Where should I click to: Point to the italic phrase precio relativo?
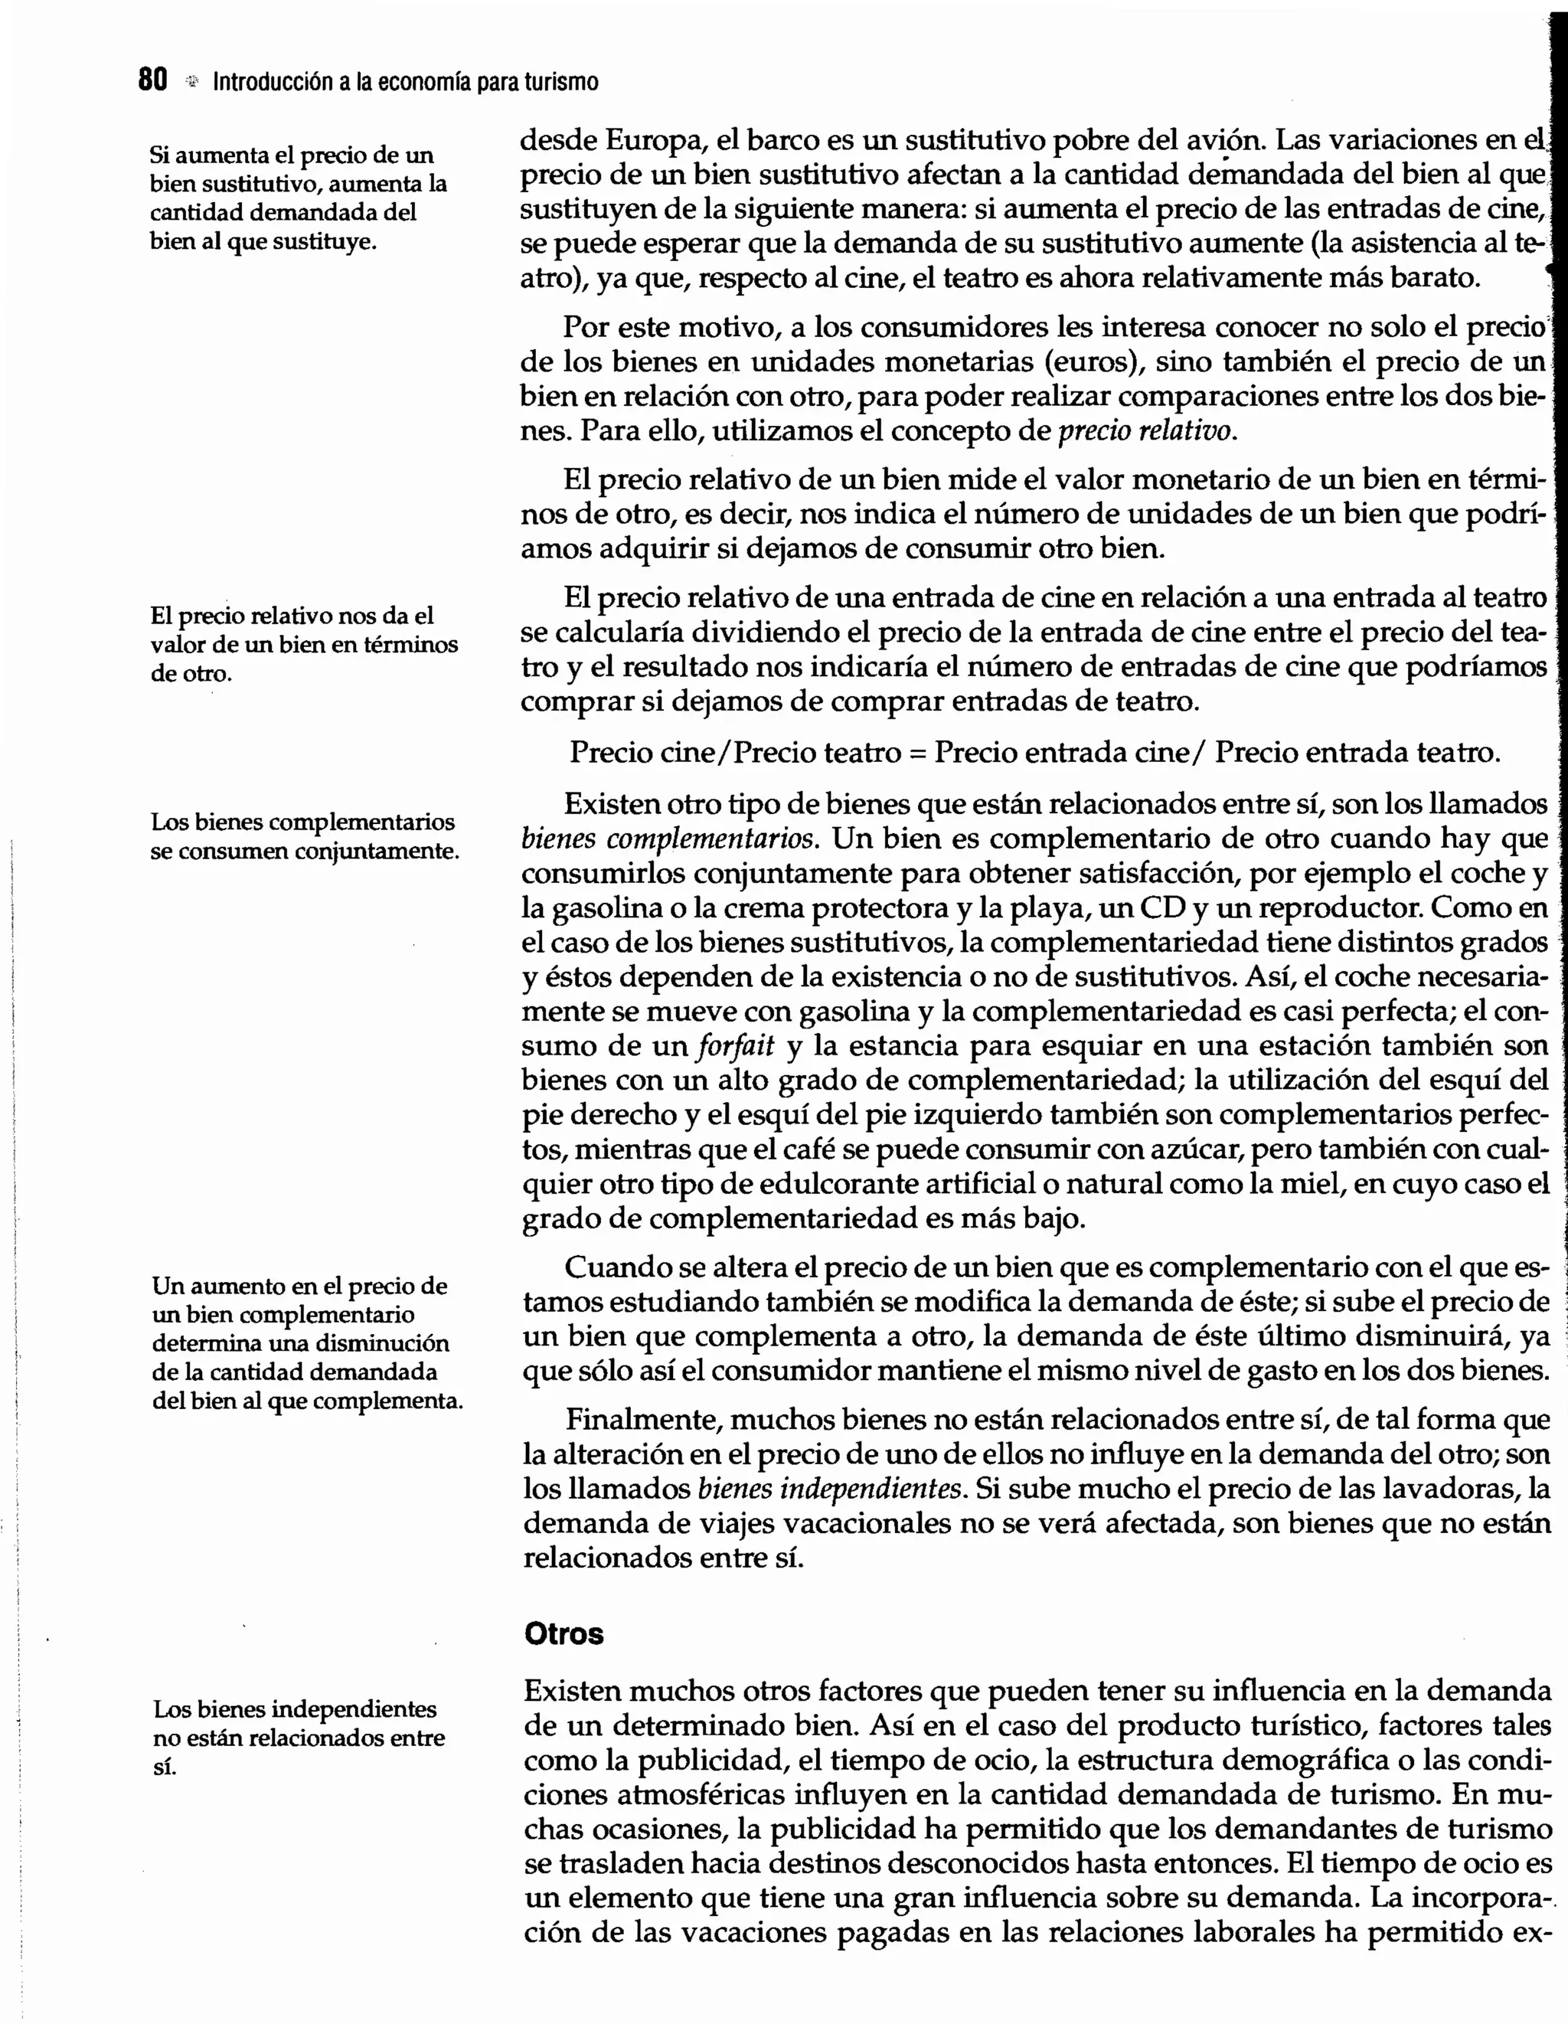[1146, 431]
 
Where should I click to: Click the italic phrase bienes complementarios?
[671, 839]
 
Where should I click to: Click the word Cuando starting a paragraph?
[618, 1267]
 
